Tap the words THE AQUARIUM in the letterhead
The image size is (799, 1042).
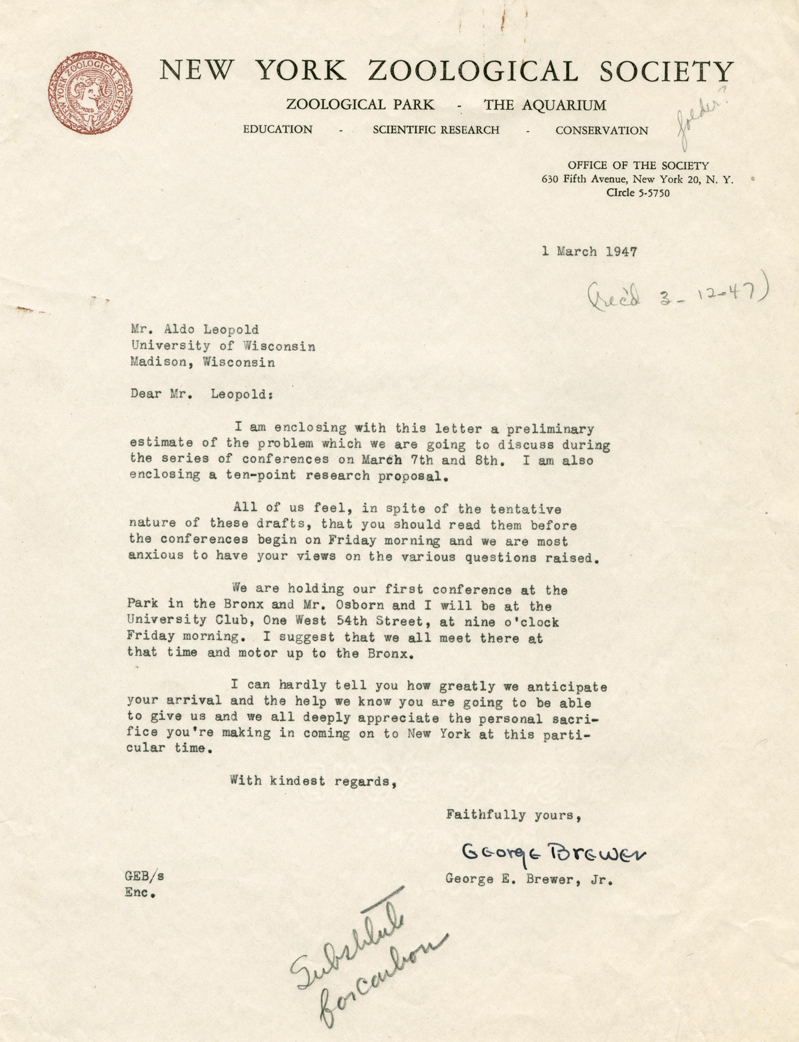(x=545, y=105)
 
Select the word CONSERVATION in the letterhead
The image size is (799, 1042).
(x=602, y=130)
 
